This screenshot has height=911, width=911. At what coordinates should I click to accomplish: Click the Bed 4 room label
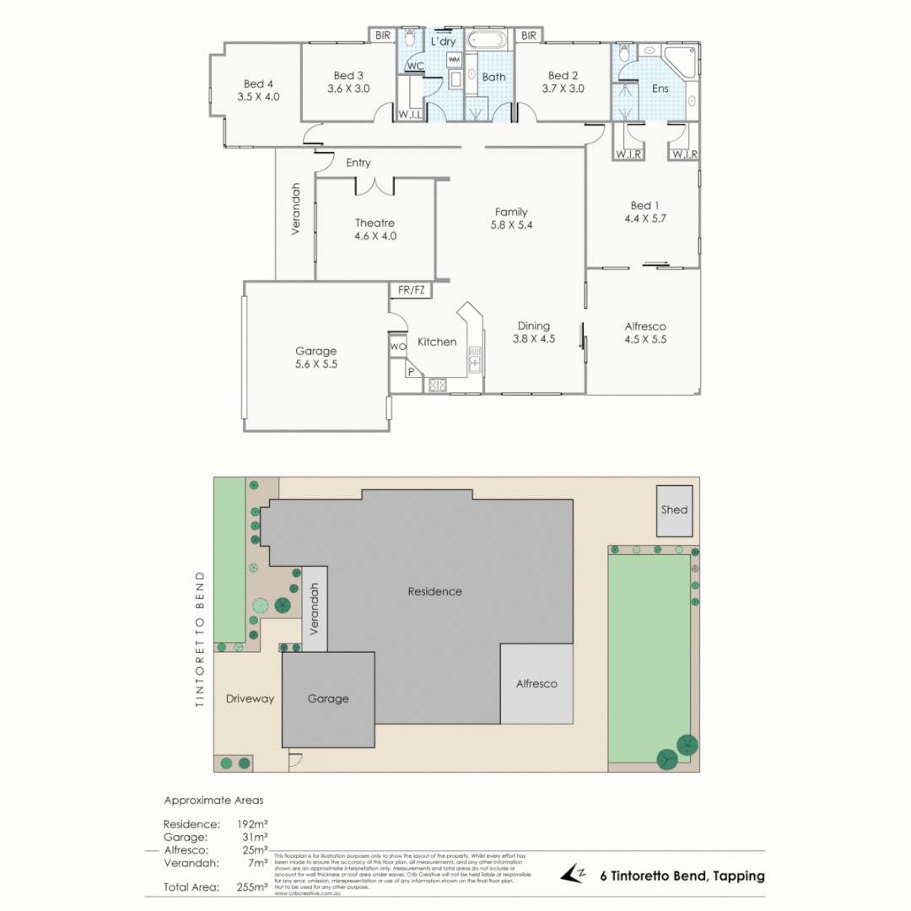[258, 84]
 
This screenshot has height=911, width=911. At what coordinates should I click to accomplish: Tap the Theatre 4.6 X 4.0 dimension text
[375, 236]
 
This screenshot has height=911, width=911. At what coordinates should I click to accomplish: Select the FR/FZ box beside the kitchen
[412, 290]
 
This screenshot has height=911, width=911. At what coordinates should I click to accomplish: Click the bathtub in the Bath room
[487, 40]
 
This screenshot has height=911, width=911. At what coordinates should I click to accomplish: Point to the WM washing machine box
[454, 60]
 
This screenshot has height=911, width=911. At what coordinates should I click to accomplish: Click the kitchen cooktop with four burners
[438, 385]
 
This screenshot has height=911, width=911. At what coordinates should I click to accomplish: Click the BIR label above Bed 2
[529, 35]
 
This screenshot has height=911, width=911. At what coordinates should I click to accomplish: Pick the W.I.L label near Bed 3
[410, 115]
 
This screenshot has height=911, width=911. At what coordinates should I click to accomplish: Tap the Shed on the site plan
[675, 510]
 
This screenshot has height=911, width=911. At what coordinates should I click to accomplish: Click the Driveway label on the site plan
[250, 698]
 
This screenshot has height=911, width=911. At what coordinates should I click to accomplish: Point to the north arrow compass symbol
[575, 876]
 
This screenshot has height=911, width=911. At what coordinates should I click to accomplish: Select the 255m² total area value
[253, 887]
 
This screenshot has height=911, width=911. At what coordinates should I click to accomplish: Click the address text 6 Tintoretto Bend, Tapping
[682, 876]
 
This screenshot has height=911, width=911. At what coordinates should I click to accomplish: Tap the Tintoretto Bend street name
[200, 639]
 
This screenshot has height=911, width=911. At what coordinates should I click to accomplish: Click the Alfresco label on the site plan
[536, 683]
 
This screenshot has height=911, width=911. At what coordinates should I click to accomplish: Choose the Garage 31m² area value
[253, 838]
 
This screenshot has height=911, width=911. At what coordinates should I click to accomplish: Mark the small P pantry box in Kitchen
[412, 371]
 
